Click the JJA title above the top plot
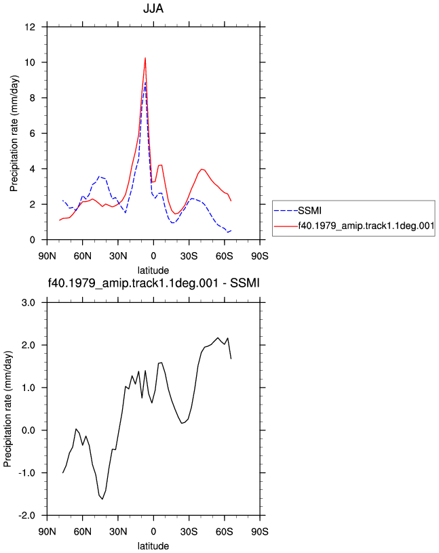click(x=153, y=8)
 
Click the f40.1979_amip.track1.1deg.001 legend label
click(x=366, y=226)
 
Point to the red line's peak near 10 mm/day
click(x=145, y=58)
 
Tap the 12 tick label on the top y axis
click(x=31, y=27)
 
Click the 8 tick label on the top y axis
click(x=33, y=98)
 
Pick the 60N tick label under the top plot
click(x=82, y=255)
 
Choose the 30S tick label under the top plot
click(x=189, y=255)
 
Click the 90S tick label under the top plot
click(x=260, y=255)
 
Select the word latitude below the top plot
click(x=153, y=270)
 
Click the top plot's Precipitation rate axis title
click(x=14, y=134)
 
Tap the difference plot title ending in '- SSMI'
click(x=153, y=283)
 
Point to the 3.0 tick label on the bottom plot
click(x=28, y=303)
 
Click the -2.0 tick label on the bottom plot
click(x=27, y=516)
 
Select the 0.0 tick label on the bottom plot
click(x=28, y=430)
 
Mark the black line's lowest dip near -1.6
click(x=102, y=499)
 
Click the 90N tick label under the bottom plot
click(x=47, y=531)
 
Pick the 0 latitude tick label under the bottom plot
click(x=153, y=531)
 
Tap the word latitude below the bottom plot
click(x=153, y=546)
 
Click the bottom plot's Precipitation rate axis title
click(x=7, y=409)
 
